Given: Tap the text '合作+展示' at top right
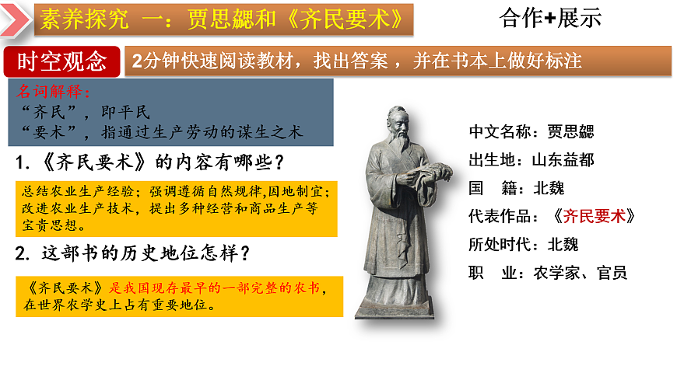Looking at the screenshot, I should pyautogui.click(x=552, y=19).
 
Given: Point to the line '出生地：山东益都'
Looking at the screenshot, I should pyautogui.click(x=531, y=160).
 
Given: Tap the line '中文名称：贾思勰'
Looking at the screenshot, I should pyautogui.click(x=531, y=132).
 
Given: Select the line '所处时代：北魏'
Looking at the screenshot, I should pyautogui.click(x=523, y=244).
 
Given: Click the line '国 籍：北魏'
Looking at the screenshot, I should pyautogui.click(x=516, y=188).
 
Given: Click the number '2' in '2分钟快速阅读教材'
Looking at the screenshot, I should pyautogui.click(x=138, y=60).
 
